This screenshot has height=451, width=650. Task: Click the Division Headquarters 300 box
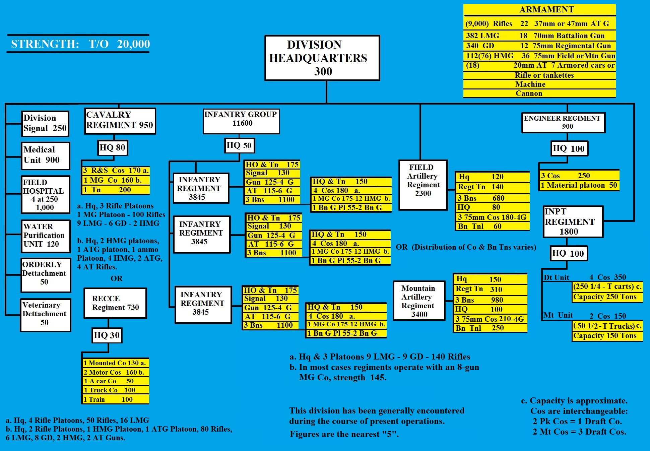point(322,58)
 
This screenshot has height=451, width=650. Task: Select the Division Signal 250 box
point(45,123)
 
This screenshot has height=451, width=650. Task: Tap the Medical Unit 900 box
point(45,155)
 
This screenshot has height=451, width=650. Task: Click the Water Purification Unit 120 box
point(46,236)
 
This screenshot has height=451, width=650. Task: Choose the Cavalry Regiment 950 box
point(120,121)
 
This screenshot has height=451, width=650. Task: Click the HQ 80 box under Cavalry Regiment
point(112,147)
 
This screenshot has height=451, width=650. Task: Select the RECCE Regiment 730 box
point(115,303)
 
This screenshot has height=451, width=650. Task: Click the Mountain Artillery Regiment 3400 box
point(418,301)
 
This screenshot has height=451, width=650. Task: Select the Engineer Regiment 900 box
point(563,122)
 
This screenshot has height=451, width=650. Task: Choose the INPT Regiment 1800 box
point(573,221)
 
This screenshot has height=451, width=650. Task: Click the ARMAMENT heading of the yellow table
point(546,10)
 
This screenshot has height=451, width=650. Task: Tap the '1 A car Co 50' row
point(116,381)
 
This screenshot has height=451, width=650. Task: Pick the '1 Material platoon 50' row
point(579,185)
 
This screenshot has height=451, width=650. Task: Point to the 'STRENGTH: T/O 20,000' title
point(80,44)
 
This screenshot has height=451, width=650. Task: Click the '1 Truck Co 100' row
point(116,390)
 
